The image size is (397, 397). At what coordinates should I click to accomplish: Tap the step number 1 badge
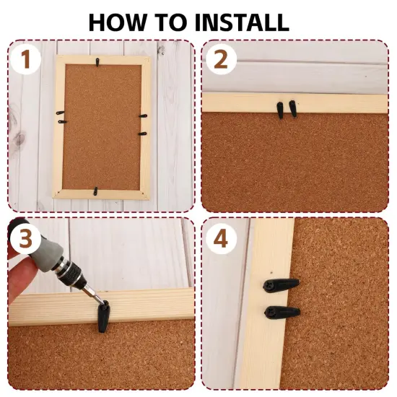pos(25,59)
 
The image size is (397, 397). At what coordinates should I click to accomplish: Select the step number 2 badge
pos(221,59)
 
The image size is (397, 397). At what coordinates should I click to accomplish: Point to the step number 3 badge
pos(25,239)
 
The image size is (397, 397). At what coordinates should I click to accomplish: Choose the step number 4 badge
pos(221,239)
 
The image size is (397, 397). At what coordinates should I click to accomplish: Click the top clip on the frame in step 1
pos(97,62)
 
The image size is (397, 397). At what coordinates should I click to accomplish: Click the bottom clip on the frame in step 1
pos(95,191)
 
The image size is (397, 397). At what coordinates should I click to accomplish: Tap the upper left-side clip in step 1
pos(61,113)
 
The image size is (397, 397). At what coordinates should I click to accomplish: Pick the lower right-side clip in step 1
pos(142,134)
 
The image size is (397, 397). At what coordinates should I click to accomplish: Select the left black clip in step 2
pos(280,110)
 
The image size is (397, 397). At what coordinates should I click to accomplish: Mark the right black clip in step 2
pos(292,108)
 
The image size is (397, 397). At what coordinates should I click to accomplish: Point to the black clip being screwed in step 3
pos(103,316)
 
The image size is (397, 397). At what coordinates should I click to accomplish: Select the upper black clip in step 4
pos(281,285)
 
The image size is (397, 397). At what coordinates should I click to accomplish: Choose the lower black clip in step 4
pos(282,312)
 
